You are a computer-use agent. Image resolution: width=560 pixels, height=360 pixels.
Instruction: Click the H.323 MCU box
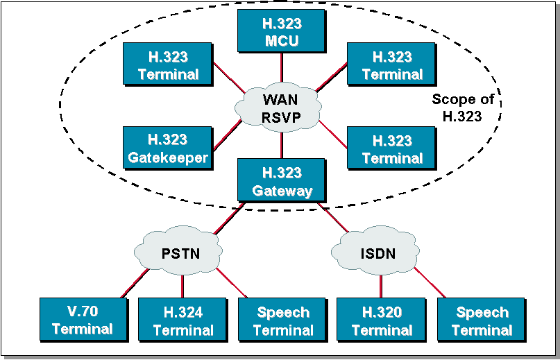[281, 31]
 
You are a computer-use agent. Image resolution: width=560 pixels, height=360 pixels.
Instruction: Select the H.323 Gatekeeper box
[167, 148]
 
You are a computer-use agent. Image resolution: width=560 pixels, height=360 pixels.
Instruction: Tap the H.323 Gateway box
[281, 181]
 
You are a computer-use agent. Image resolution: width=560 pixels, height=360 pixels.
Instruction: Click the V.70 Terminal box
[82, 320]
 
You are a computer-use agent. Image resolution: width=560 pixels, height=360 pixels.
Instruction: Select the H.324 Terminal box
[182, 320]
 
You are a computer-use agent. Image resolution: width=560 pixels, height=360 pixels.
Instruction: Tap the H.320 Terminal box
[381, 320]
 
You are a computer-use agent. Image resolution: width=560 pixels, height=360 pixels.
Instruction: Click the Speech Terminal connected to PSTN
[282, 320]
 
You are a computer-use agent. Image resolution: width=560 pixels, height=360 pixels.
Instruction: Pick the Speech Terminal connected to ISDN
[481, 320]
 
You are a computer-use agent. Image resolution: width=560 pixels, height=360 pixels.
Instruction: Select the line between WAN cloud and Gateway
[281, 146]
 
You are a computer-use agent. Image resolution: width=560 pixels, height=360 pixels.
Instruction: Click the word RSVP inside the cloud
[280, 117]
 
